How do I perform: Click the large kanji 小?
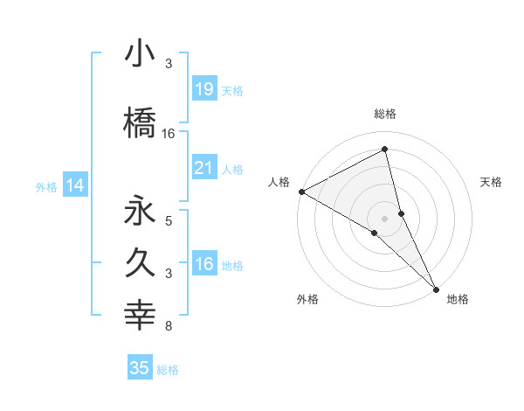click(140, 55)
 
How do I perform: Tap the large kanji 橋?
click(140, 122)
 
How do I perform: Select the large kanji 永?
click(140, 212)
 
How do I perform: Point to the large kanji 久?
click(140, 263)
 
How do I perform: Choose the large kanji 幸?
click(140, 316)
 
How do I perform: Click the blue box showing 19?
click(203, 88)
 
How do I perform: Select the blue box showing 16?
click(203, 264)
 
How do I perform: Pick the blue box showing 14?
click(75, 185)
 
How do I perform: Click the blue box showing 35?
click(140, 368)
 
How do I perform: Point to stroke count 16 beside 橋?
click(169, 134)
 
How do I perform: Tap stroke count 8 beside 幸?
click(169, 326)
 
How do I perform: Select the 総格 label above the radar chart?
click(385, 114)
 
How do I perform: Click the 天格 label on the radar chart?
click(492, 182)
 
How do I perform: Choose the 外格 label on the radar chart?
click(307, 299)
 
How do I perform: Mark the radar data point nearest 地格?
click(436, 288)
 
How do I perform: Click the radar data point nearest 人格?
click(301, 192)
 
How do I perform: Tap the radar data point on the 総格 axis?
click(385, 150)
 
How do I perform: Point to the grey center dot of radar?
click(385, 218)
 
